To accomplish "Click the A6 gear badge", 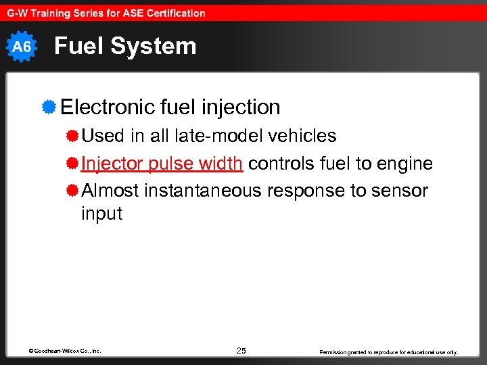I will (22, 47).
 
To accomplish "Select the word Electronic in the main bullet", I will (108, 107).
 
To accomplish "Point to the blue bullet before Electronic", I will (48, 107).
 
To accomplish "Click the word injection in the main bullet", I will (243, 107).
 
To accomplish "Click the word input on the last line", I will (101, 214).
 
